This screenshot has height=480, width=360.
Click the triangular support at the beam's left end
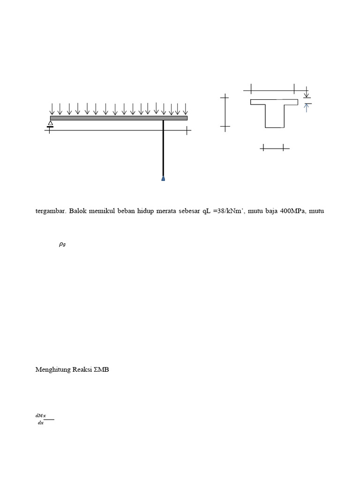[x=50, y=123]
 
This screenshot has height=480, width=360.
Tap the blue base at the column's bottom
[x=163, y=178]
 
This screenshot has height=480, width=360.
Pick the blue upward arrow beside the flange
[x=307, y=108]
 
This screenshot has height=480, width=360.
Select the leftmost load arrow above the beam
[x=52, y=109]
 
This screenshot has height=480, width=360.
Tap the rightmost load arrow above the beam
[x=186, y=109]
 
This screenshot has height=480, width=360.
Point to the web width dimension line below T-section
[x=274, y=148]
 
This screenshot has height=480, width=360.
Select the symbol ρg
[x=62, y=244]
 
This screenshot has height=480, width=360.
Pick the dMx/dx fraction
[x=41, y=420]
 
